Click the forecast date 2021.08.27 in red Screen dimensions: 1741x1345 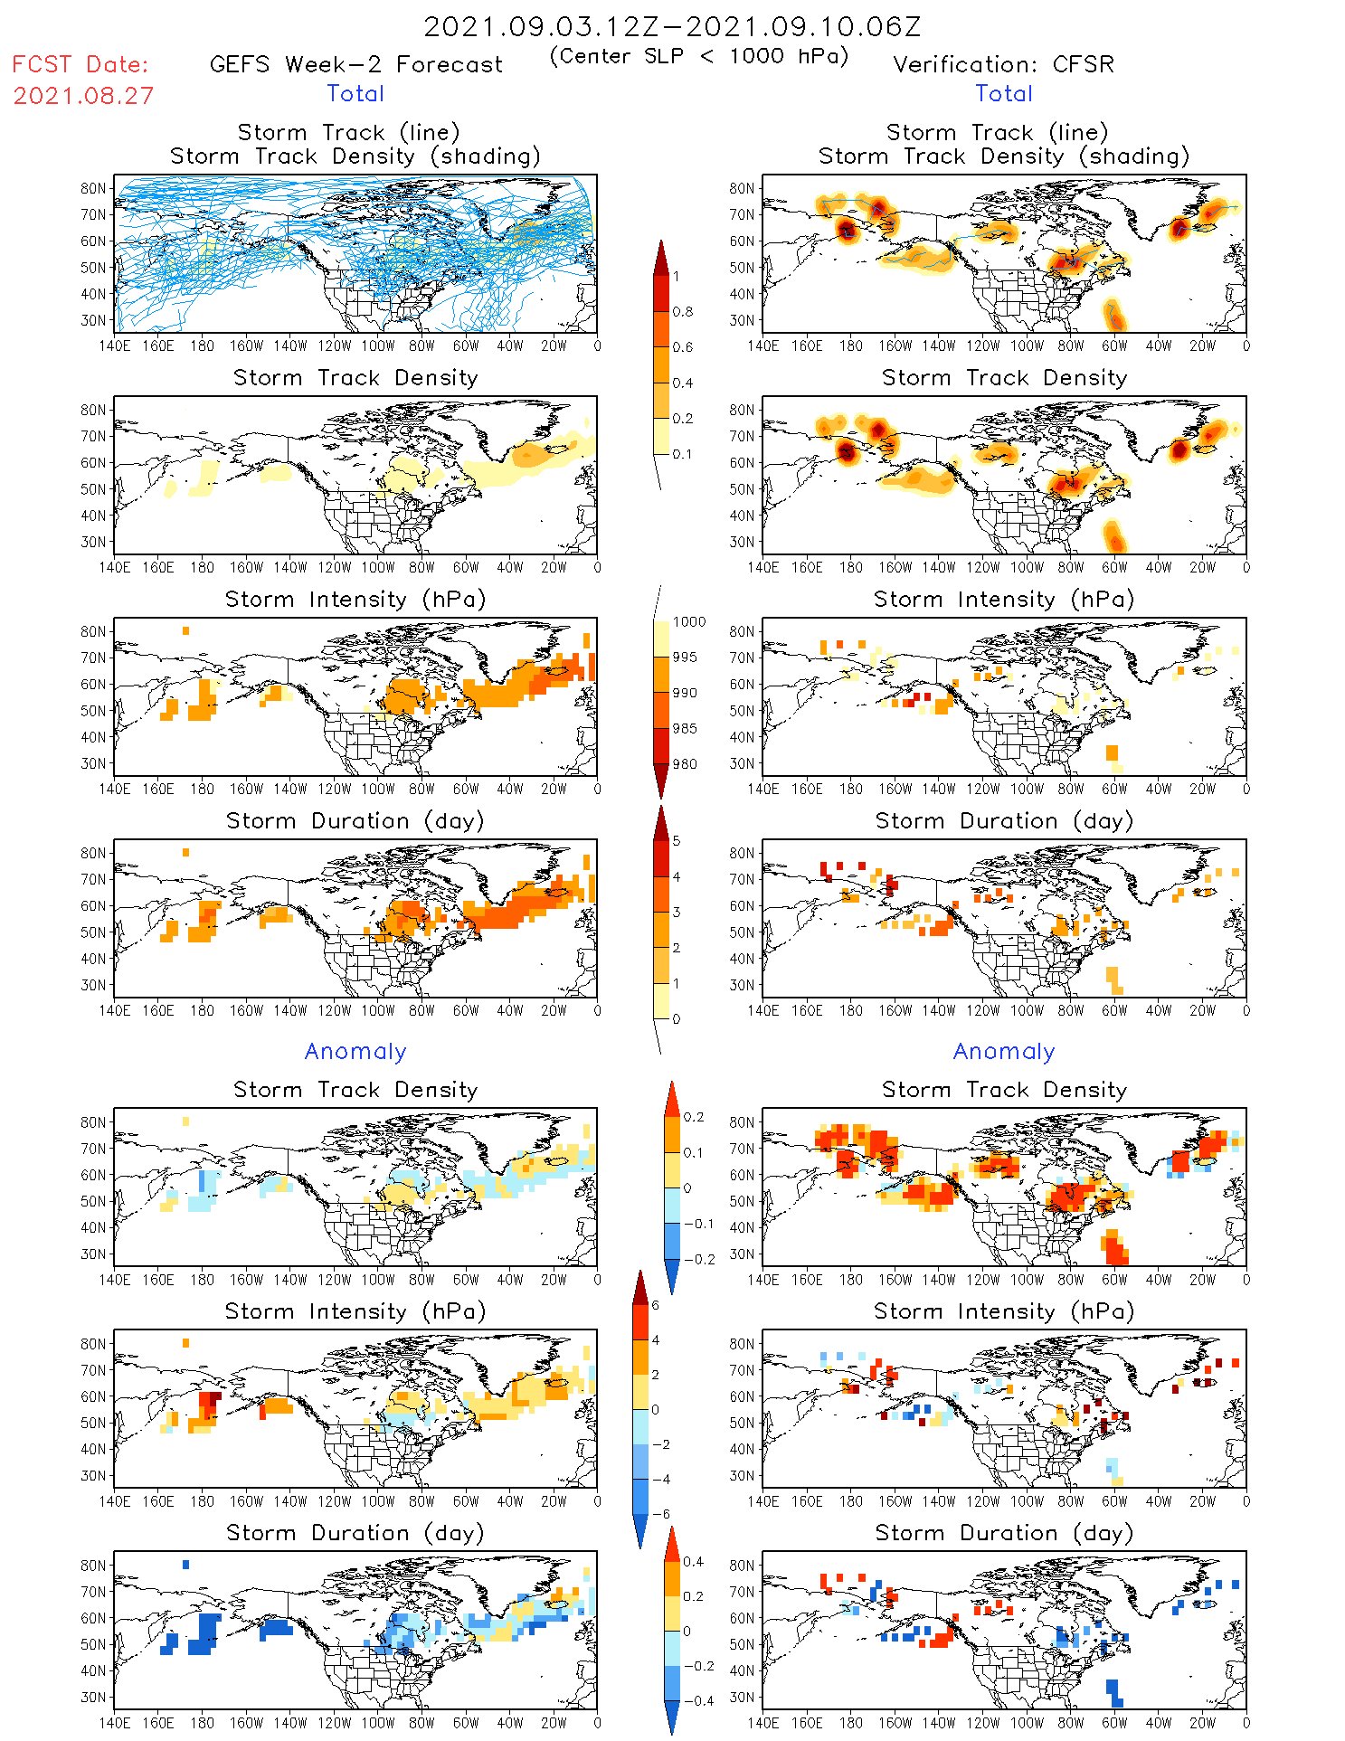pos(83,96)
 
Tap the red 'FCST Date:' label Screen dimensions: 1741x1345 pos(80,64)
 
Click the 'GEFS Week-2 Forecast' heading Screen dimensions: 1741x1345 pos(355,64)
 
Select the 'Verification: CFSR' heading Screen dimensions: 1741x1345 pos(1003,64)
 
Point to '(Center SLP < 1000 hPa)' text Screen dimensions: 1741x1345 pos(699,56)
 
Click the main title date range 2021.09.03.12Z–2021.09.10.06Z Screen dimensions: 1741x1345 pos(672,26)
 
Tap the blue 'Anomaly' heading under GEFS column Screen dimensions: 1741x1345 pos(355,1051)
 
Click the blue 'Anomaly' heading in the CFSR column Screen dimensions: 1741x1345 pos(1004,1051)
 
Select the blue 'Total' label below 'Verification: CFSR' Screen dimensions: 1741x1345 pos(1004,93)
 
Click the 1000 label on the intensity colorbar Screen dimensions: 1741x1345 pos(689,621)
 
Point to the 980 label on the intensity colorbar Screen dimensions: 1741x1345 pos(686,763)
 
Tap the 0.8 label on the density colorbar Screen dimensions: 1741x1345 pos(683,311)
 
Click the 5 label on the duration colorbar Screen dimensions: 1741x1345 pos(677,840)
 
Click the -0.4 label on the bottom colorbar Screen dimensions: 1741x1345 pos(693,1700)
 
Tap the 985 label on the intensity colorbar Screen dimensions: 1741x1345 pos(686,728)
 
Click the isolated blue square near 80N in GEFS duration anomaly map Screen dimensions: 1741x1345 pos(185,1564)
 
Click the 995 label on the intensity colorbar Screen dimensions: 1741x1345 pos(686,657)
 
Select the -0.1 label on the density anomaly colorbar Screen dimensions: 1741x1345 pos(698,1224)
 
